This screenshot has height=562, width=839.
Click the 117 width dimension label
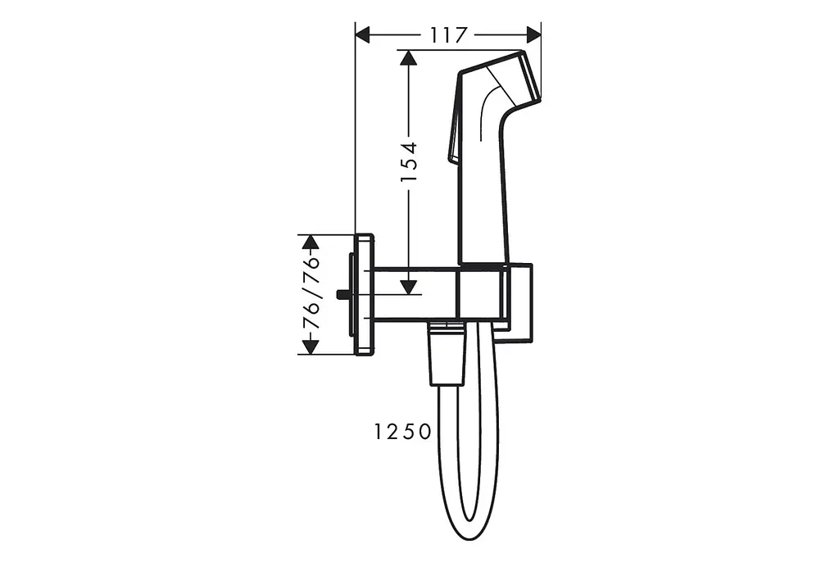tap(448, 35)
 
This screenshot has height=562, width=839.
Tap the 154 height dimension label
tap(410, 161)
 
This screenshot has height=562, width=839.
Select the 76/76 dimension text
tap(311, 293)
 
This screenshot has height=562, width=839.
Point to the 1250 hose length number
tap(401, 432)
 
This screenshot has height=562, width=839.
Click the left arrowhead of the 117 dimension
tap(363, 35)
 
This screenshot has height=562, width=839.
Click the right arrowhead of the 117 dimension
tap(534, 35)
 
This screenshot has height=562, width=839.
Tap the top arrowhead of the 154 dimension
tap(408, 57)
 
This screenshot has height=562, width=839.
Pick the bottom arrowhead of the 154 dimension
tap(408, 288)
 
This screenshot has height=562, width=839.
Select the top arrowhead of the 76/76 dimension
tap(311, 242)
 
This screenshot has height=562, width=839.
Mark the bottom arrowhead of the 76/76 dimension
tap(311, 347)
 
